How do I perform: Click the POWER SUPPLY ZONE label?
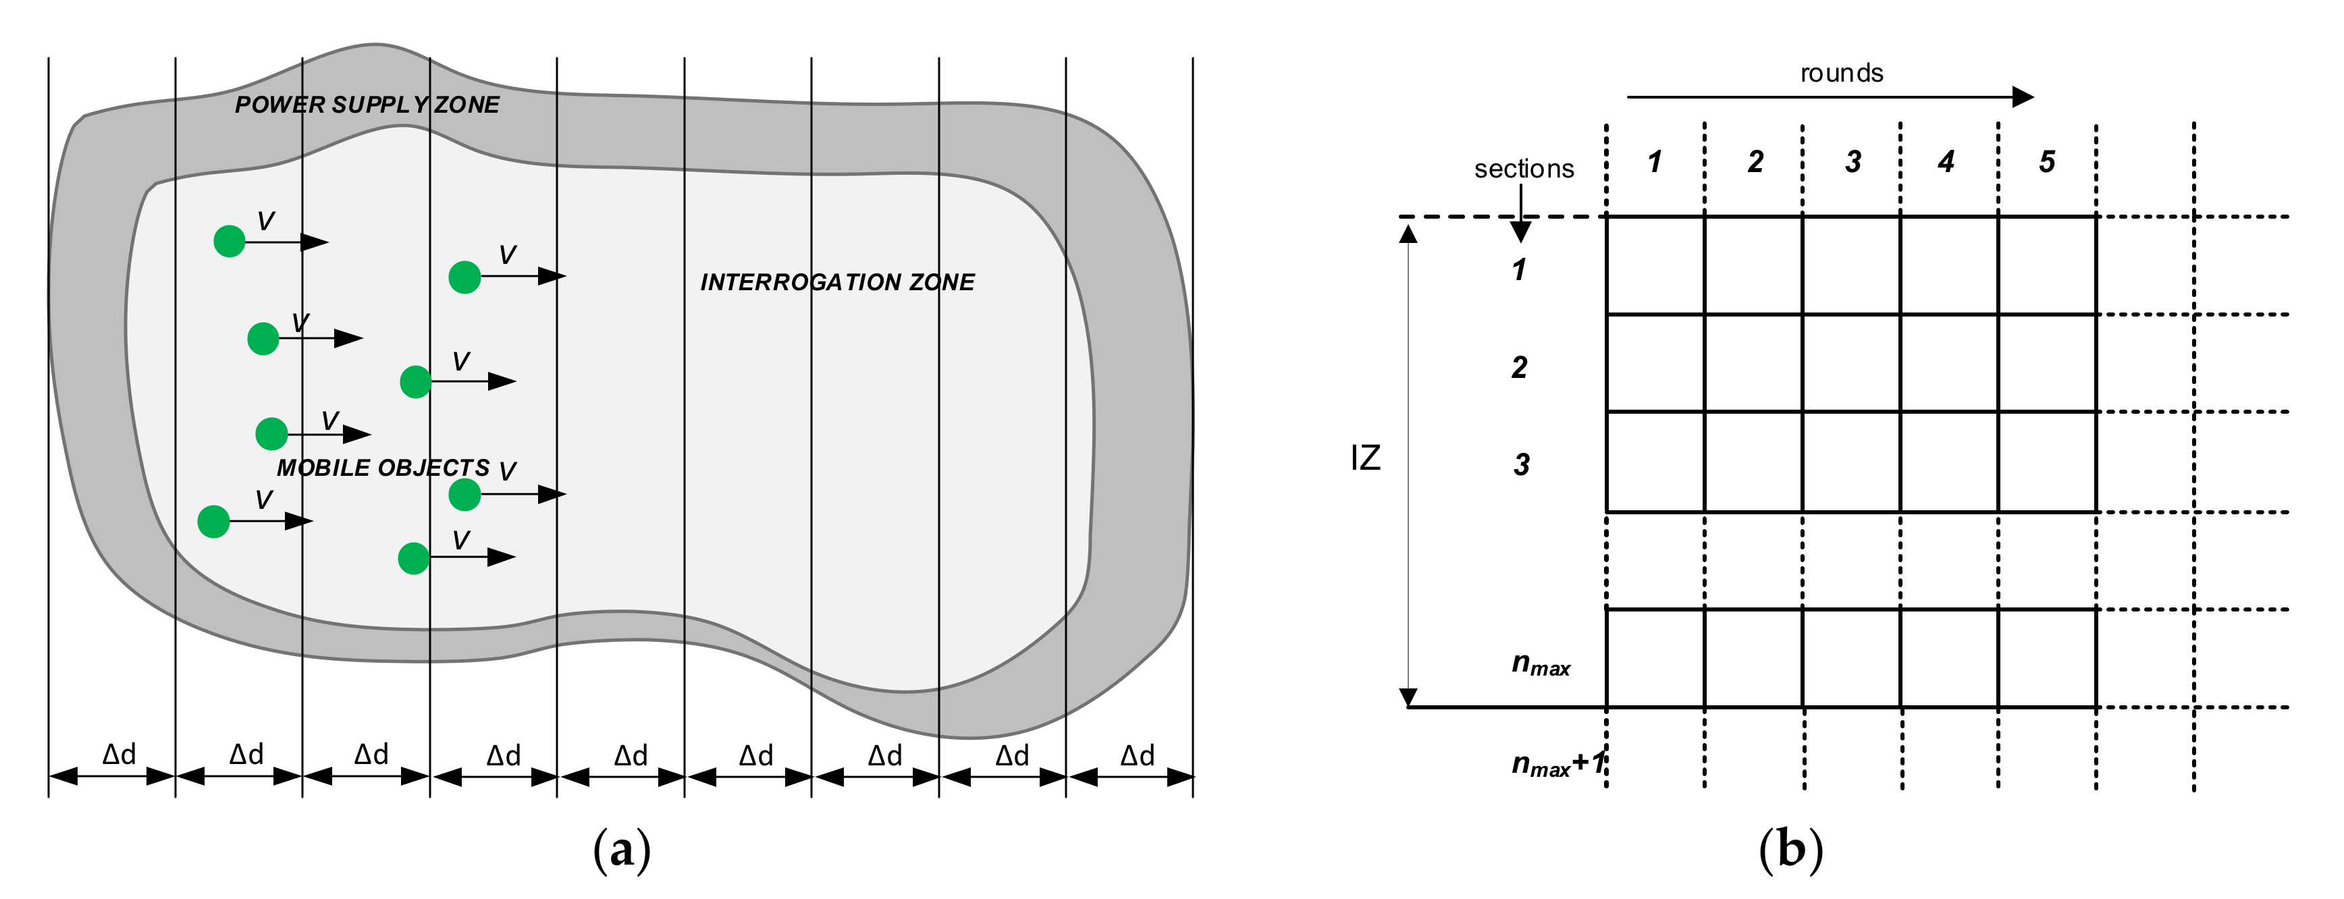tap(367, 105)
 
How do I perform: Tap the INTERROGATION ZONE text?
tap(837, 282)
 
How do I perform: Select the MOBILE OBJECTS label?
tap(383, 468)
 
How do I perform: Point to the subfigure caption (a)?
tap(622, 850)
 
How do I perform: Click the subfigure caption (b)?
tap(1790, 850)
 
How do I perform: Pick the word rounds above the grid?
tap(1841, 73)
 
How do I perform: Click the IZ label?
tap(1365, 458)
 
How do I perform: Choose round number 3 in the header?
tap(1853, 162)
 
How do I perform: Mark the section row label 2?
tap(1520, 368)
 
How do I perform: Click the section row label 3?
tap(1520, 465)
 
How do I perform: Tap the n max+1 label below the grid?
tap(1557, 764)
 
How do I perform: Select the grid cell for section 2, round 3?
tap(1850, 363)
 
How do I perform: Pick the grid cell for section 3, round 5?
tap(2048, 462)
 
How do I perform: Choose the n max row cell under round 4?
tap(1949, 658)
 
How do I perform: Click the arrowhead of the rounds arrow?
tap(2023, 97)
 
